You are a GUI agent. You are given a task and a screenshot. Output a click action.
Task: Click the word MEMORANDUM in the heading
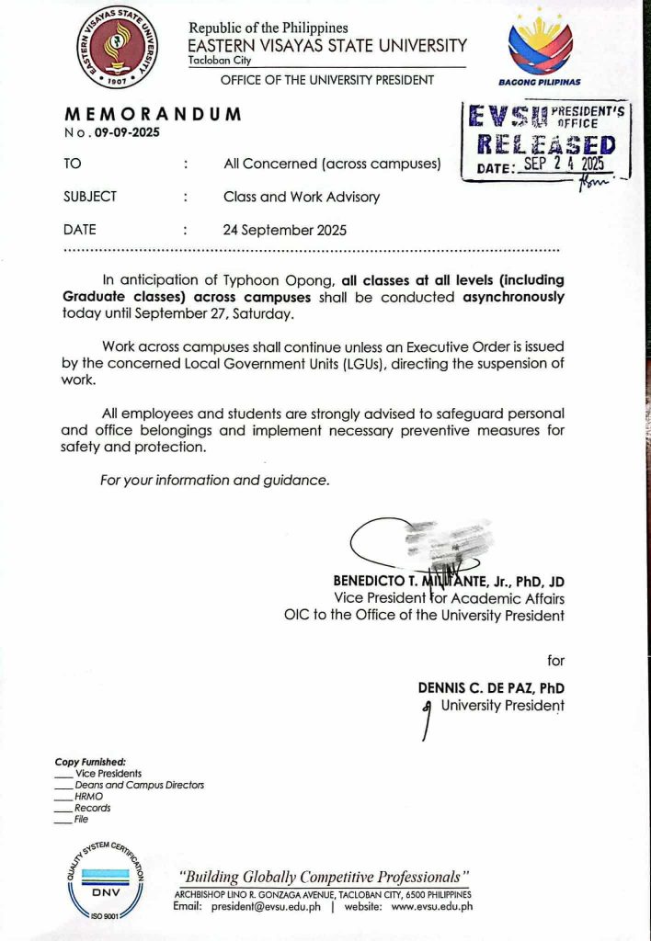(153, 115)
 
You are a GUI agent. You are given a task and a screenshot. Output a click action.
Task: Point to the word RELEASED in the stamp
(547, 144)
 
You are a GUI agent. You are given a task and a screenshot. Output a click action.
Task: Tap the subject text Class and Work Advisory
(302, 197)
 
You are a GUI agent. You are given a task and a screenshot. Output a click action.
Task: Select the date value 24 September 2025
(285, 231)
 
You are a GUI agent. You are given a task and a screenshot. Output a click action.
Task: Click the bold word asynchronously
(513, 298)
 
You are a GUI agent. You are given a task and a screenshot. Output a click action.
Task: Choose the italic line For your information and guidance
(213, 480)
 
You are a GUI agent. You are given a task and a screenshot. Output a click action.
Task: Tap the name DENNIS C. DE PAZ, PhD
(491, 687)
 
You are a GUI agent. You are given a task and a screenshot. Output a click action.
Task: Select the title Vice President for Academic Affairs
(449, 597)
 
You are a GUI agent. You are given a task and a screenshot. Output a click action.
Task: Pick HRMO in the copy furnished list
(89, 797)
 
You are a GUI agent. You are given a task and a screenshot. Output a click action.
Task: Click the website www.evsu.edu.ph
(431, 906)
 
